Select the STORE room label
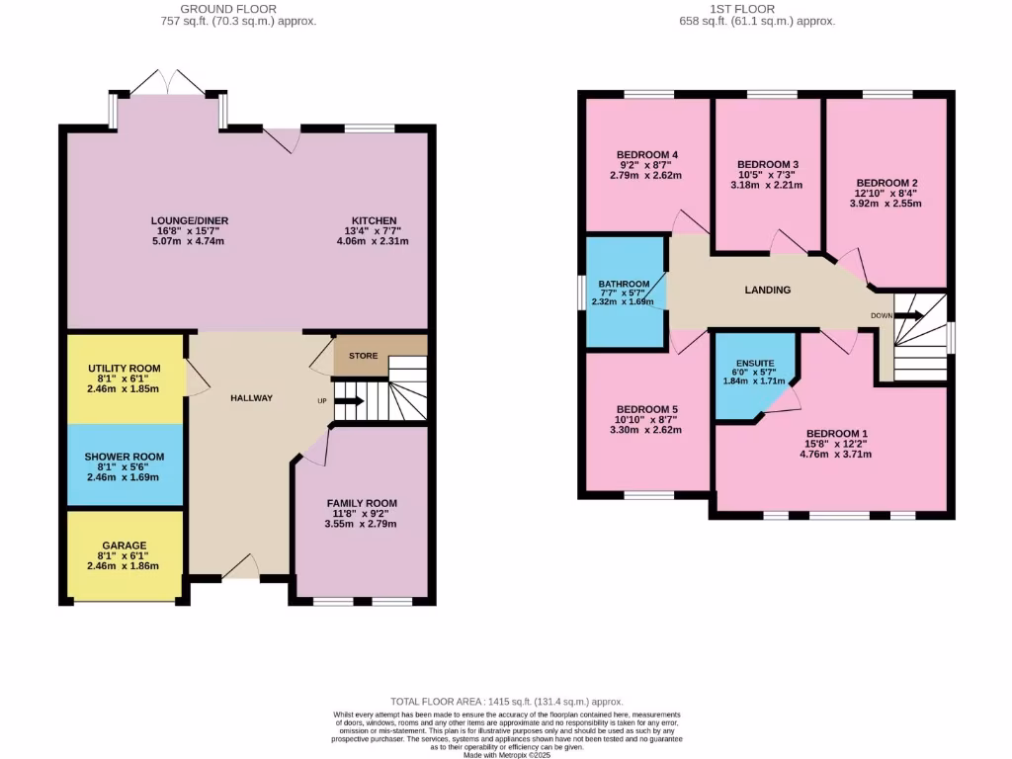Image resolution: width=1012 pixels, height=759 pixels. point(363,356)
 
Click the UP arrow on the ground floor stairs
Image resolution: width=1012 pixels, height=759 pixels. point(349,400)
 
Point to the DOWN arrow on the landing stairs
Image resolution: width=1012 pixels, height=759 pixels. point(909,316)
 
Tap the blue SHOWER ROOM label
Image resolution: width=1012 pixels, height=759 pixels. point(124,457)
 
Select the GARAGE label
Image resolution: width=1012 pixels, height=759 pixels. point(124,546)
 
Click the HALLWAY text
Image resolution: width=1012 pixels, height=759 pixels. point(251,398)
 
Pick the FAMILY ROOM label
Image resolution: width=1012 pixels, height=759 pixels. point(362,503)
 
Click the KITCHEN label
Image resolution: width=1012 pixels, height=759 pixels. point(374,220)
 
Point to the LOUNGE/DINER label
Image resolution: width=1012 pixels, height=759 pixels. point(183,220)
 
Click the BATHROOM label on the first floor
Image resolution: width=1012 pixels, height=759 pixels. point(624,284)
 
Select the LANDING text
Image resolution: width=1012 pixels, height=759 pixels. point(767,291)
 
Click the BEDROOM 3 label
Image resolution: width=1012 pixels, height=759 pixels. point(768,164)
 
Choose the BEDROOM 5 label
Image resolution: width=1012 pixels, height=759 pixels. point(646,409)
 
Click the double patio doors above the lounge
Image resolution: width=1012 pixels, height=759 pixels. point(169,83)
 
